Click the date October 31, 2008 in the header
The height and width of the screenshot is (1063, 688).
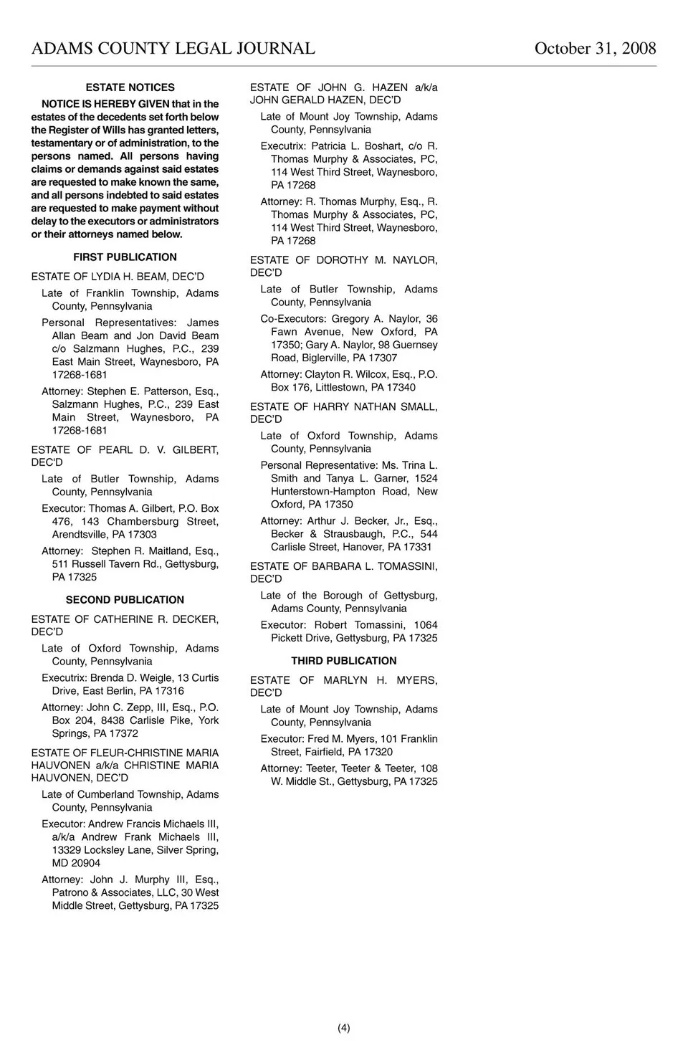click(595, 48)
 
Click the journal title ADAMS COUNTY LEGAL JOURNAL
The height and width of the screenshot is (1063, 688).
click(173, 48)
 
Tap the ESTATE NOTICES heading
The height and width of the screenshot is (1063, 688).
click(130, 87)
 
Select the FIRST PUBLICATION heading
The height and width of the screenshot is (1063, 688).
click(125, 257)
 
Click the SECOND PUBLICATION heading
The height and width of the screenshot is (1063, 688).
click(125, 600)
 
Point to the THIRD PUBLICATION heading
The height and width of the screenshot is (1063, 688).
click(343, 661)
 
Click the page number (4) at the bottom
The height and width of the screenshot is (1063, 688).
click(344, 1028)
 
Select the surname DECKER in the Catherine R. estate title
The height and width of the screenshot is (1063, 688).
click(195, 619)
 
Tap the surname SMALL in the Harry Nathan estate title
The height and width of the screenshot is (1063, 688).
click(419, 407)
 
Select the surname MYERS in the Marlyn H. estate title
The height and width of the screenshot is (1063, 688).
click(417, 680)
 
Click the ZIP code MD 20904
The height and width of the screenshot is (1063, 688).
click(76, 863)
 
